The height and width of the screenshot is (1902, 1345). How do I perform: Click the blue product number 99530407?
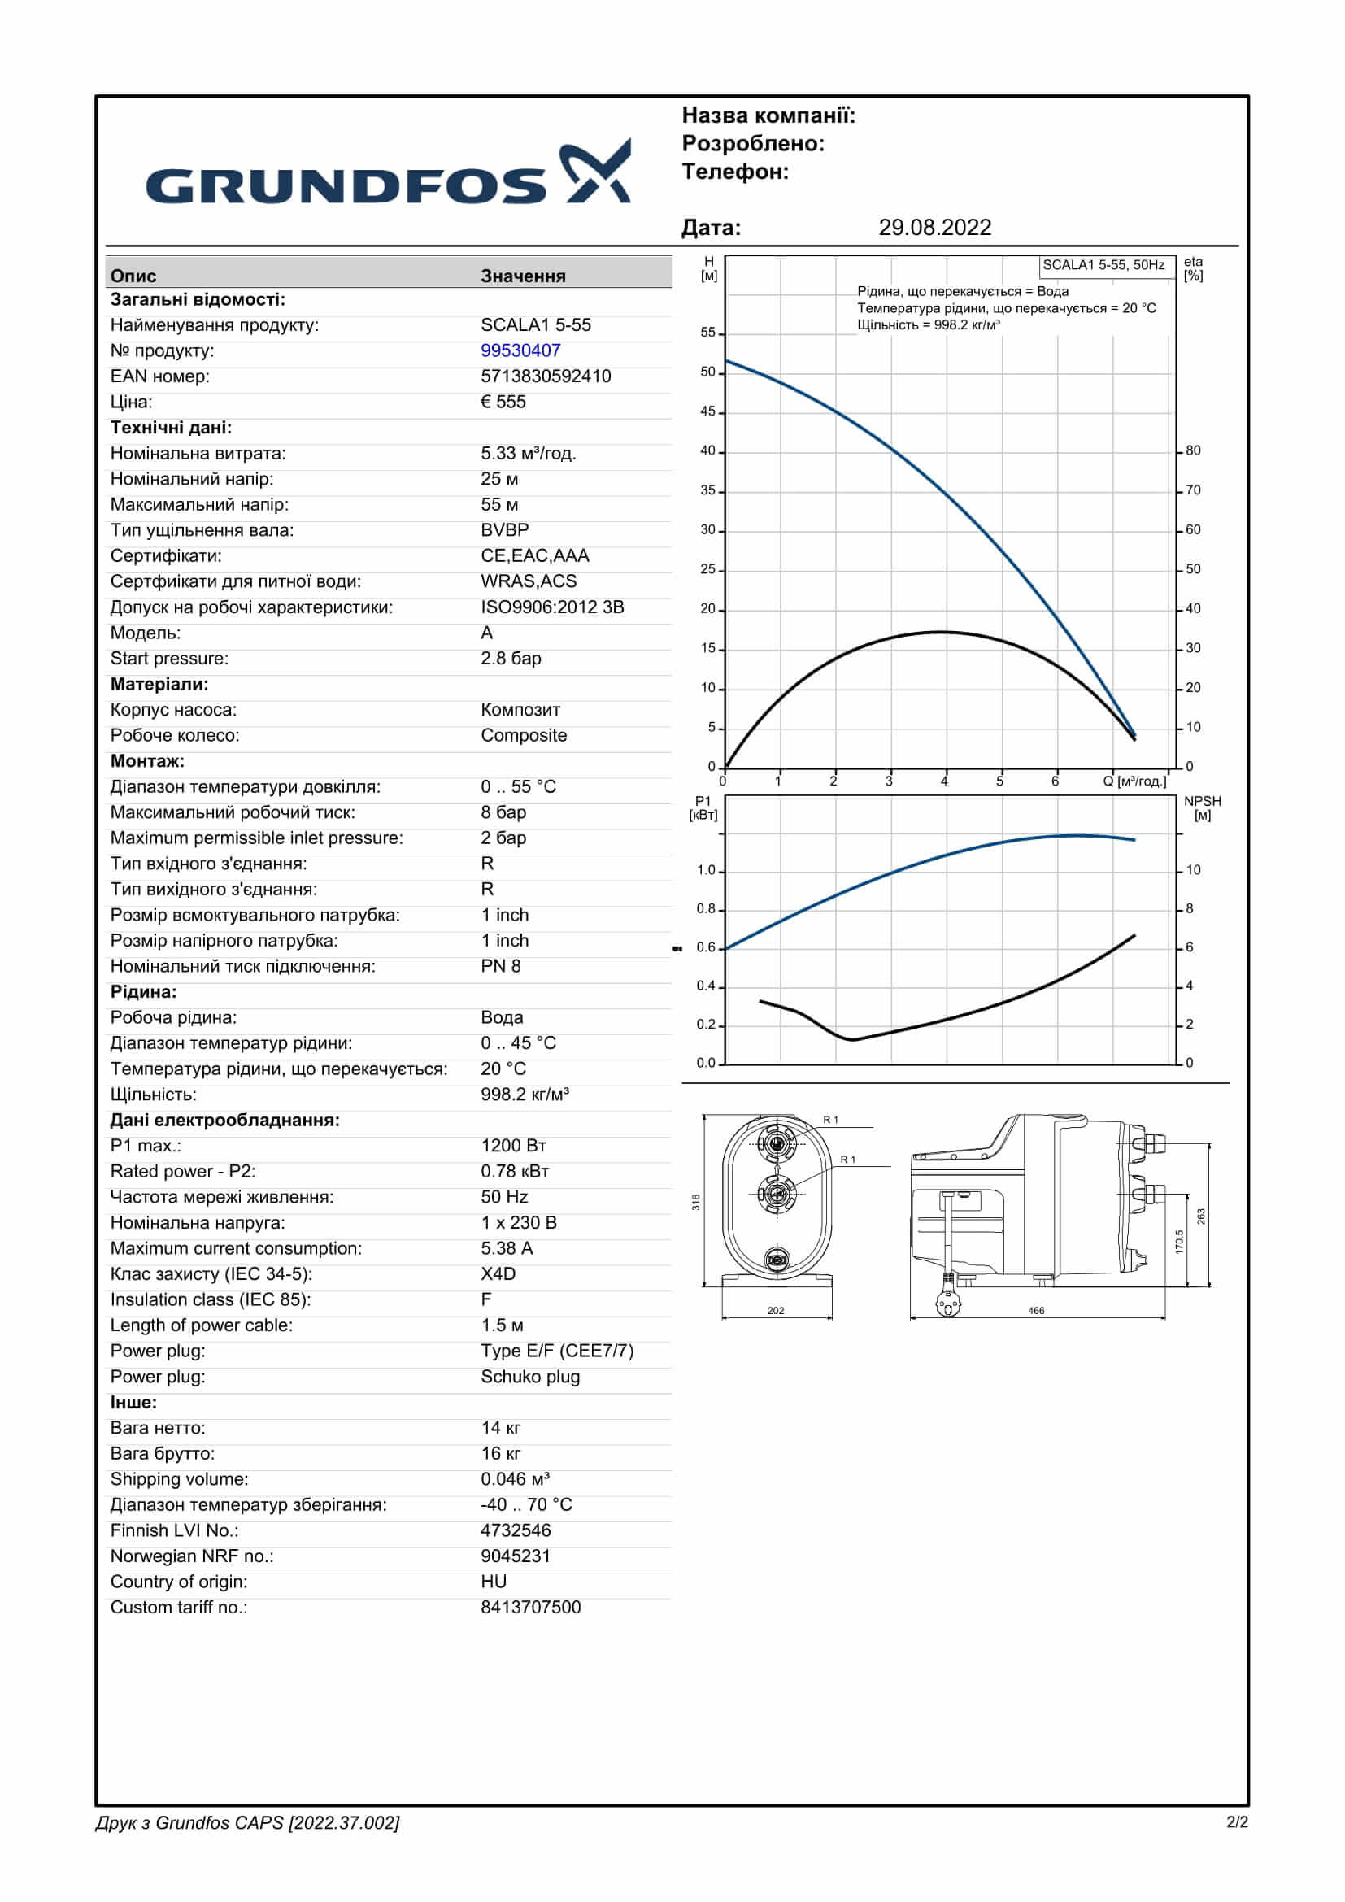[520, 350]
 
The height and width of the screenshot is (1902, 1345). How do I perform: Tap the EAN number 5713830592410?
[546, 376]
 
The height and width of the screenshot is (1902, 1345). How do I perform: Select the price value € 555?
[503, 402]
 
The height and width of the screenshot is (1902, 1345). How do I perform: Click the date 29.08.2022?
[934, 228]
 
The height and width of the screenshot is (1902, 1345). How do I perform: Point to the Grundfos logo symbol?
[596, 171]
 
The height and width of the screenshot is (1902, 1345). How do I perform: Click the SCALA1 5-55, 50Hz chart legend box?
[1103, 265]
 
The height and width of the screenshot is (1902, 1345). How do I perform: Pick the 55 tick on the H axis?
[708, 333]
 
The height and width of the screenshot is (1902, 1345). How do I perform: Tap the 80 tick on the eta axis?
[1193, 450]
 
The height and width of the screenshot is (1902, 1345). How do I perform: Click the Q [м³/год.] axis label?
[1134, 781]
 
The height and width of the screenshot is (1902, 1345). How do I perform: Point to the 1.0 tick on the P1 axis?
[706, 870]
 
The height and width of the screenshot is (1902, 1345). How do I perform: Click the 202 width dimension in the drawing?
[775, 1311]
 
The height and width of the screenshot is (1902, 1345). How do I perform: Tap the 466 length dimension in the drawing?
[1036, 1311]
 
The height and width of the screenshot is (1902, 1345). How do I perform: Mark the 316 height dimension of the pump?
[696, 1202]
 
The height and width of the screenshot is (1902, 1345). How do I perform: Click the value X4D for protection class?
[498, 1274]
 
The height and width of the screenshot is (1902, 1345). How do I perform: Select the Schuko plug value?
[530, 1377]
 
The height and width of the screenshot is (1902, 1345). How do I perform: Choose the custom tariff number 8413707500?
[531, 1607]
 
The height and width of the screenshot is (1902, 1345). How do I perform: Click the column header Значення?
[523, 276]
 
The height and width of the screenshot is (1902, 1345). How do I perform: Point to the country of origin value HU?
[494, 1582]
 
